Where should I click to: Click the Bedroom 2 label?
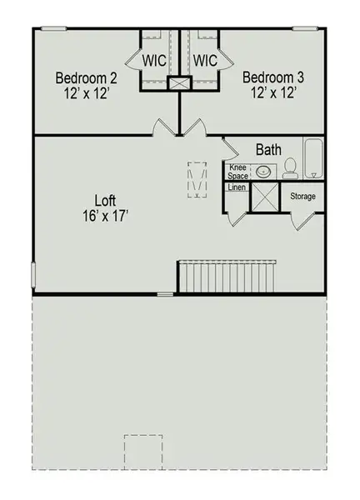tap(86, 78)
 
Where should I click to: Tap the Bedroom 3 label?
tap(273, 77)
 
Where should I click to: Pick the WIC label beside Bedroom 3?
tap(205, 61)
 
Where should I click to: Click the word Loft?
tap(104, 200)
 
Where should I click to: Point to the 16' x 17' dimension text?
tap(104, 216)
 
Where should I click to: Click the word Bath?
tap(268, 151)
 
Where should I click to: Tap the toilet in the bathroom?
tap(290, 169)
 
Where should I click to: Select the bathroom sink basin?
tap(263, 172)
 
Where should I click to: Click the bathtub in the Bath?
tap(314, 158)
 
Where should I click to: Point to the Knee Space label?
tap(238, 172)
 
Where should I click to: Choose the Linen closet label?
tap(237, 187)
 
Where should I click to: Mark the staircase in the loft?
tap(227, 276)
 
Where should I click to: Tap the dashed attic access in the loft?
tap(197, 179)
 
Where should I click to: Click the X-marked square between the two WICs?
tap(179, 83)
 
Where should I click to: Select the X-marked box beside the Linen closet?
tap(266, 197)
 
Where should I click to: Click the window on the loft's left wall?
tap(34, 273)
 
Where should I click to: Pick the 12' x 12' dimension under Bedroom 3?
tap(273, 93)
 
